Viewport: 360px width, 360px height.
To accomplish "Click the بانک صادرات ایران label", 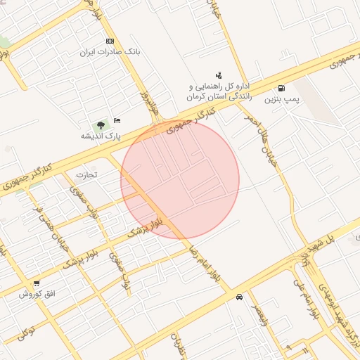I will pos(108,52).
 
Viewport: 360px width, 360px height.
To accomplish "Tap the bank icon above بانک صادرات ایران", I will pos(109,41).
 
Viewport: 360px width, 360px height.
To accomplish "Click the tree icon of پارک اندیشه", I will pos(101,124).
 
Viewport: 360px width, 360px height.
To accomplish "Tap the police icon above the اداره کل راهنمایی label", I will pos(219,74).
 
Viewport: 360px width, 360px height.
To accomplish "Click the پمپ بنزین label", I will pos(282,100).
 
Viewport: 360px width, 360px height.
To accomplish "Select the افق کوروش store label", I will pos(35,294).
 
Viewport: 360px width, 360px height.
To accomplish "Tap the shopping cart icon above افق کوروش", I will pos(36,283).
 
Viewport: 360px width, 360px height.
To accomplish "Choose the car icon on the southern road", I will pos(240,297).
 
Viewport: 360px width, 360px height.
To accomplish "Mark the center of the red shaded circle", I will pos(180,180).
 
